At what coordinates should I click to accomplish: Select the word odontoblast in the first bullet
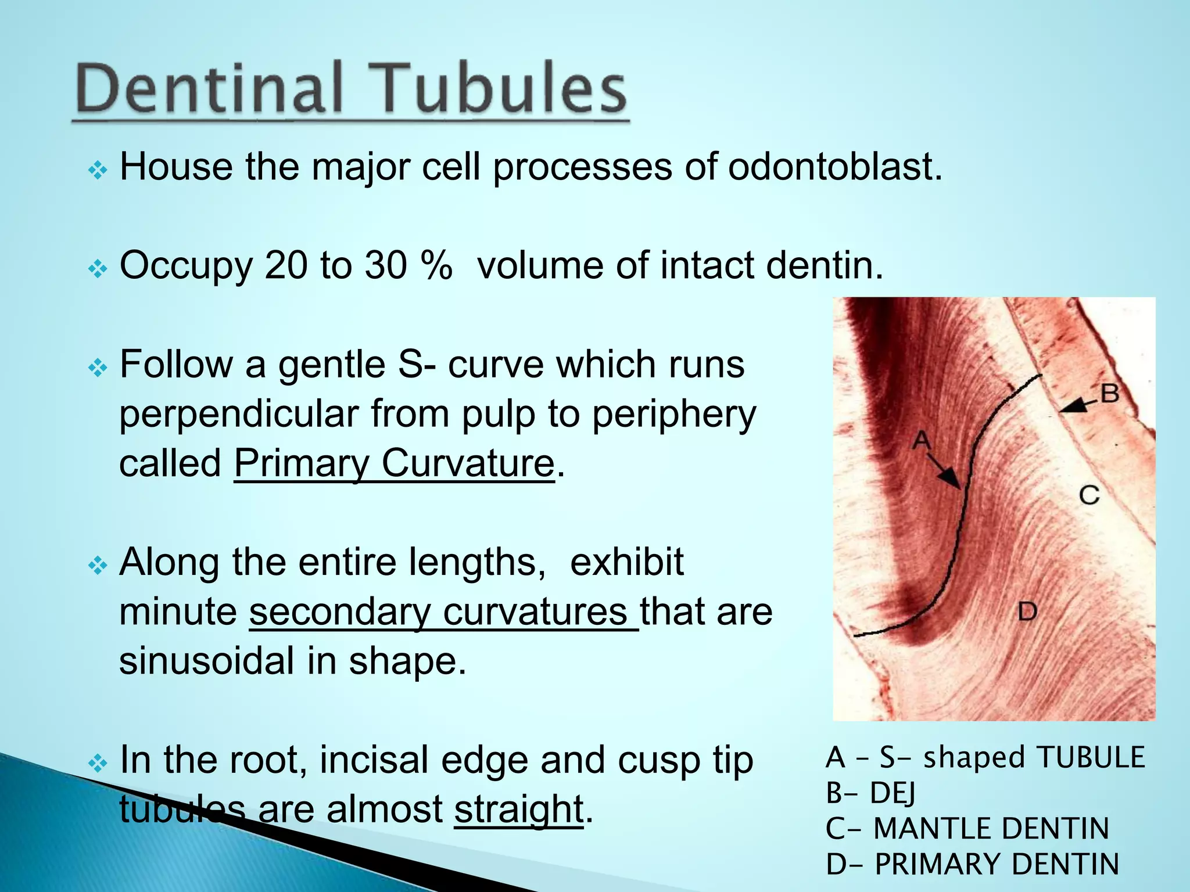tap(834, 167)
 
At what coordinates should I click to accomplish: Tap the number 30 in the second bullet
tap(385, 266)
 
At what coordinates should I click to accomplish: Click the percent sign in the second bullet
tap(437, 266)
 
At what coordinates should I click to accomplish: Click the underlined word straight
tap(518, 808)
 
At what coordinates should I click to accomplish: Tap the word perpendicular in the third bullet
tap(239, 414)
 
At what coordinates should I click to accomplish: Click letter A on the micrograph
tap(922, 441)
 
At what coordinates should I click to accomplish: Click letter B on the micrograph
tap(1110, 394)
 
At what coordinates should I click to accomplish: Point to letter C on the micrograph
tap(1089, 495)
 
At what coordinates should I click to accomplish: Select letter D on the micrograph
tap(1027, 612)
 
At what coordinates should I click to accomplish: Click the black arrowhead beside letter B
tap(1069, 407)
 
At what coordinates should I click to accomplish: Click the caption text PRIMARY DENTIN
tap(997, 864)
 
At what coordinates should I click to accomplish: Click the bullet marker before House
tap(98, 170)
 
